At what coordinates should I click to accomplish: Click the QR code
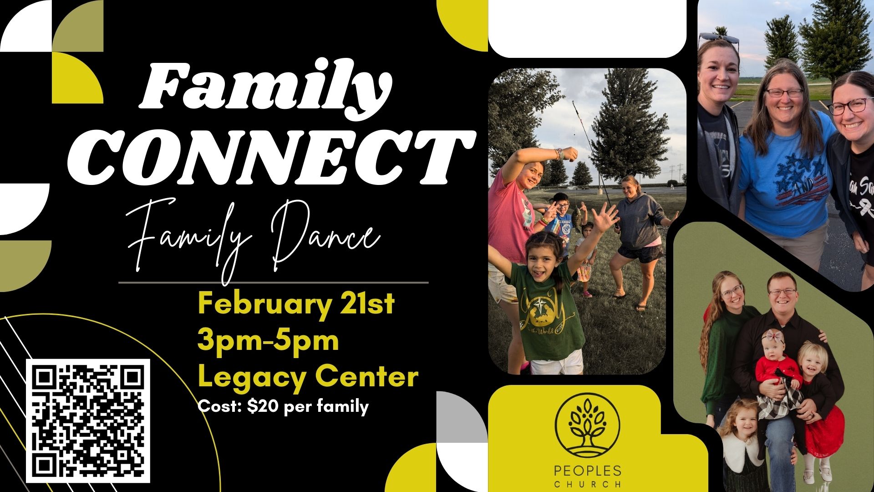point(88,421)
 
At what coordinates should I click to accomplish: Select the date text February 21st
point(296,304)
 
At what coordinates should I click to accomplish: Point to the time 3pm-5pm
point(268,340)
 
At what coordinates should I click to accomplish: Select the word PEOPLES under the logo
point(587,471)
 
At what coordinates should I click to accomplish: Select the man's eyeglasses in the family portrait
point(781,292)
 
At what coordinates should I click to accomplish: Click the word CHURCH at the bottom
point(587,484)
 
